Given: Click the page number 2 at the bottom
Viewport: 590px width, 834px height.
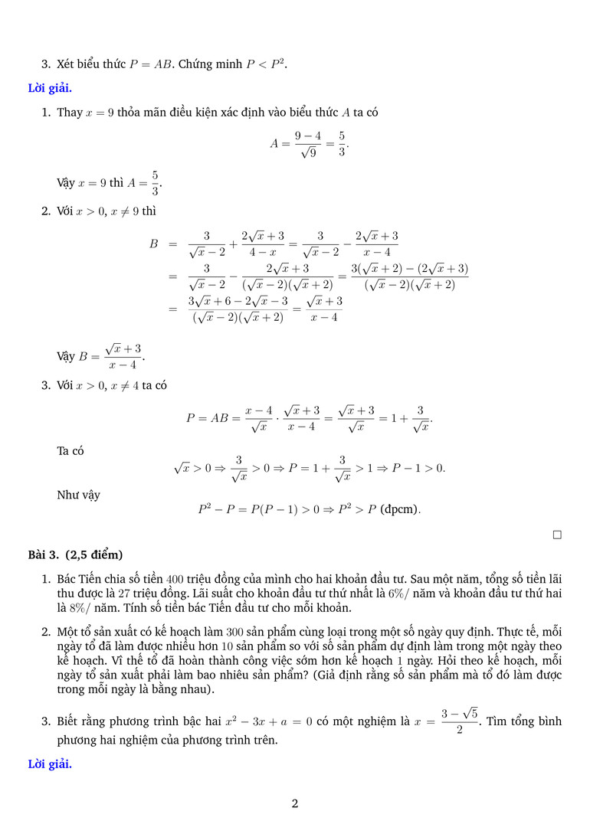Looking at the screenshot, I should [295, 803].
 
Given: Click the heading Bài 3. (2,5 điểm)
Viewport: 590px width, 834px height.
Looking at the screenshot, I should [75, 554].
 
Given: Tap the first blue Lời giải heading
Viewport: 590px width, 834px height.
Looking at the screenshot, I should [50, 87].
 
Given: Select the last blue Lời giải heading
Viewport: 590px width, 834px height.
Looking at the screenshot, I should [50, 764].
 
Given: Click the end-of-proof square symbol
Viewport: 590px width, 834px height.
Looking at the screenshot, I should [557, 535].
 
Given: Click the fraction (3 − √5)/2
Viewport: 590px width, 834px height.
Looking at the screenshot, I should [459, 722].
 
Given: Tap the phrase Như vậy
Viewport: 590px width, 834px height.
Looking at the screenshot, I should [78, 495].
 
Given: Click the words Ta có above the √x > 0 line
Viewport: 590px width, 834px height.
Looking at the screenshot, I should [70, 451].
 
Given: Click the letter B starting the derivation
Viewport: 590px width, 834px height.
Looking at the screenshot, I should [153, 244].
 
